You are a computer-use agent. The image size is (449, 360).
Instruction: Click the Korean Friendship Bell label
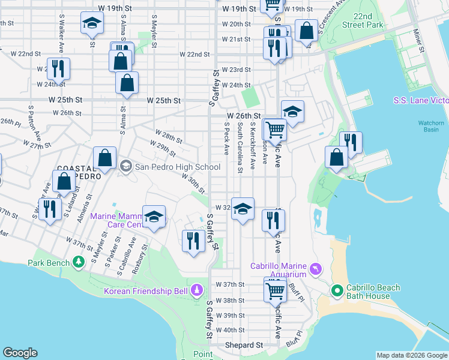click(146, 292)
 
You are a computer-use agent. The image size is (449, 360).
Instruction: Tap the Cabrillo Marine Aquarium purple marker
click(317, 266)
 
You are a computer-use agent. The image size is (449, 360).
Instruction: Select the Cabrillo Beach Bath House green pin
click(337, 292)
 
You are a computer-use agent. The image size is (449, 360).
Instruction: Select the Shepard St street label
click(244, 346)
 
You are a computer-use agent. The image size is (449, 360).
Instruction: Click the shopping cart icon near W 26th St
click(274, 128)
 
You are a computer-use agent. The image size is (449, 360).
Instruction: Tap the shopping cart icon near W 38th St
click(276, 290)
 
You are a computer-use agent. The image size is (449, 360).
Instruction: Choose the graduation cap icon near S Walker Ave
click(92, 23)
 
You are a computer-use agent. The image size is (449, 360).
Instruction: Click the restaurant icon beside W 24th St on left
click(58, 68)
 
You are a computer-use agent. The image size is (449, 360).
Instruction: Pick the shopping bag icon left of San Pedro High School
click(104, 159)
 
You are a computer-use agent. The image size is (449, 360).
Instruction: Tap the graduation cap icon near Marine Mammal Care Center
click(154, 217)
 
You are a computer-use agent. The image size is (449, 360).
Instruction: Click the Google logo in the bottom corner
click(20, 353)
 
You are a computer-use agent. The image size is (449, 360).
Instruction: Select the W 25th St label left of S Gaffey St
click(164, 101)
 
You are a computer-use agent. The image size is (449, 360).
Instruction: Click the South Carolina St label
click(240, 148)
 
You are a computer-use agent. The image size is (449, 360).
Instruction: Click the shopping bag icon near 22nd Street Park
click(306, 31)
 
